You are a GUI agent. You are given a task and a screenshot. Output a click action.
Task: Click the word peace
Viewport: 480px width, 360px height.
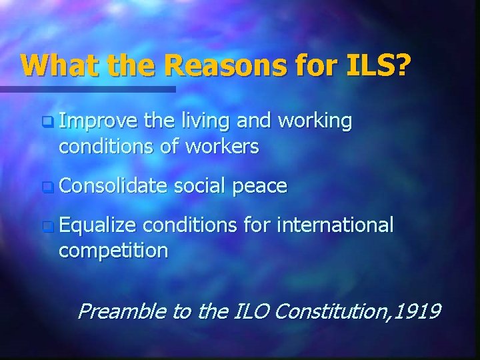(x=261, y=186)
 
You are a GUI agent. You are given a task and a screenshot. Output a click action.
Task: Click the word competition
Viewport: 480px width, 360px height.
(x=113, y=251)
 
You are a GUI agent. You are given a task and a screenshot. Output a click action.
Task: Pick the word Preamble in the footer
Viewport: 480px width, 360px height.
(x=122, y=311)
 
